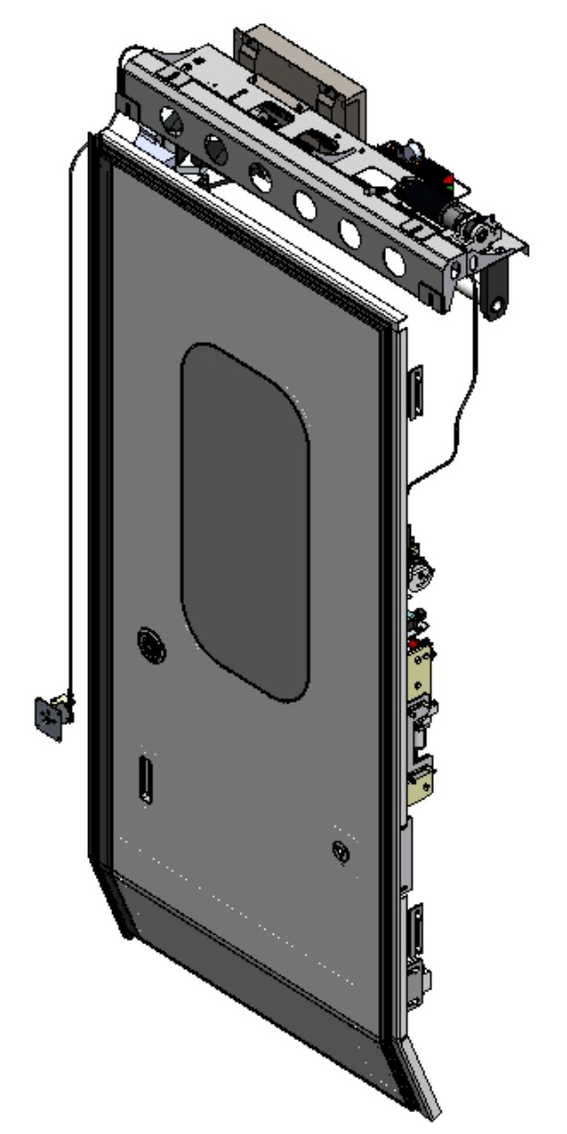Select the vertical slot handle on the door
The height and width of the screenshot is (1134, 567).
(x=145, y=777)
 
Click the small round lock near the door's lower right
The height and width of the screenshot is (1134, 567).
(x=339, y=849)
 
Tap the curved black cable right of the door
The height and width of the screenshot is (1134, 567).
(x=460, y=403)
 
